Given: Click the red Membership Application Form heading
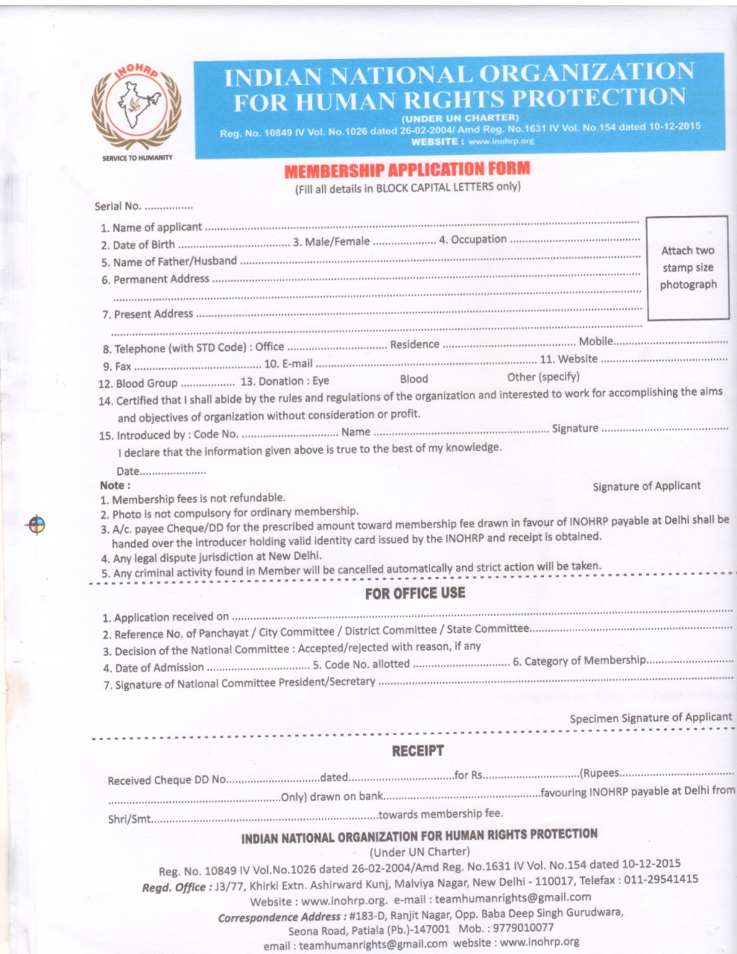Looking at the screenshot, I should click(407, 171).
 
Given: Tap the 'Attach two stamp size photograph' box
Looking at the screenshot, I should click(687, 268).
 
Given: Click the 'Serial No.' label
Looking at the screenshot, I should click(118, 206).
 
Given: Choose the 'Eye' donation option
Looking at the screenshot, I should click(320, 380).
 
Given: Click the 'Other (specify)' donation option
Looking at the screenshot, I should click(543, 376).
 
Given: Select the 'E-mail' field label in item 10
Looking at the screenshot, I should click(297, 364).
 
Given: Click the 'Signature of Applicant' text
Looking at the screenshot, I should click(646, 486).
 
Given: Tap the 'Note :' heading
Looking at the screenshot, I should click(115, 485).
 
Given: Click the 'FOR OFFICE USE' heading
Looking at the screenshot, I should click(414, 593).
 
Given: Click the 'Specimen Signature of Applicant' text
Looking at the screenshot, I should click(651, 718).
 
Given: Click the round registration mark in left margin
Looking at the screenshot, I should click(35, 525).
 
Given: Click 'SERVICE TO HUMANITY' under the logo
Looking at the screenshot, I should click(136, 158).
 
